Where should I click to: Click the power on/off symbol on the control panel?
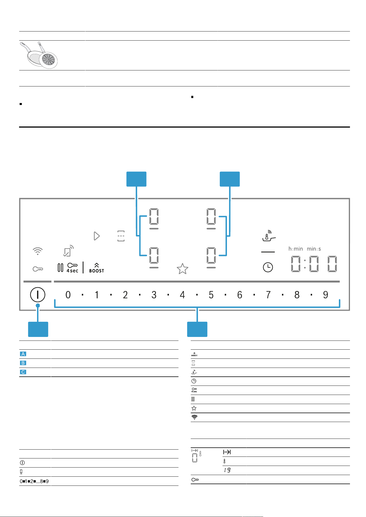38,294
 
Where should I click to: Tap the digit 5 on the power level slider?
211,295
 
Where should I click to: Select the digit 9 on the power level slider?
326,295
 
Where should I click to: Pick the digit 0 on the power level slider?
68,295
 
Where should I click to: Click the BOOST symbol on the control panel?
96,268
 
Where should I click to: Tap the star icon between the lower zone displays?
182,269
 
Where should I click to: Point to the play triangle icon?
97,236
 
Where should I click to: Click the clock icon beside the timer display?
268,267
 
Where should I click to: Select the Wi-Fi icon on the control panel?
38,251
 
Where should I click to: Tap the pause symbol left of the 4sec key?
60,267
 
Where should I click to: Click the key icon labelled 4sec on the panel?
72,268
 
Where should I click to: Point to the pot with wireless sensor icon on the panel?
269,236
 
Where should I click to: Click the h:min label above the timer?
296,249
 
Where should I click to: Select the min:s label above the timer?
314,249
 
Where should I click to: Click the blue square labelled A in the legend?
23,354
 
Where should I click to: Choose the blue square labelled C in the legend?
23,372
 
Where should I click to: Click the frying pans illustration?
39,55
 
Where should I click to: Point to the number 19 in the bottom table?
227,470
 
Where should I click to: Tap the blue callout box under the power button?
38,329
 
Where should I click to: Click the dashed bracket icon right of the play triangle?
121,236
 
